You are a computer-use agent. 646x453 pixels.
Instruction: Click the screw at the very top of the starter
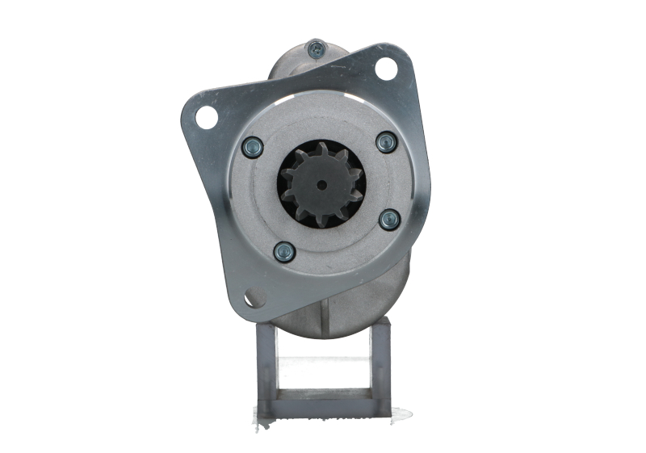point(317,48)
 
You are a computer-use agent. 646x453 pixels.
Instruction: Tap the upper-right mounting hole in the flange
point(386,69)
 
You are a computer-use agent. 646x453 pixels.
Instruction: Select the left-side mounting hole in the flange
point(206,118)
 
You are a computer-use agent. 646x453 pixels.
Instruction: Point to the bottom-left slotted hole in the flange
point(254,299)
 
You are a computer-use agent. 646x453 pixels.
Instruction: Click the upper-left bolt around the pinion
point(253,147)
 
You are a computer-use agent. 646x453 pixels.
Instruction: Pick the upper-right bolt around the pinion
point(387,142)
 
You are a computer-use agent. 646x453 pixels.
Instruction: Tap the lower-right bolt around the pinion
point(389,219)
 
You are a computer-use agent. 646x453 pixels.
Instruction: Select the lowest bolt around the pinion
point(283,253)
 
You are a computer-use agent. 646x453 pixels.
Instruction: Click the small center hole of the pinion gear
point(322,185)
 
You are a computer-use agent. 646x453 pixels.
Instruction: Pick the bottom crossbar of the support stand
point(323,406)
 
